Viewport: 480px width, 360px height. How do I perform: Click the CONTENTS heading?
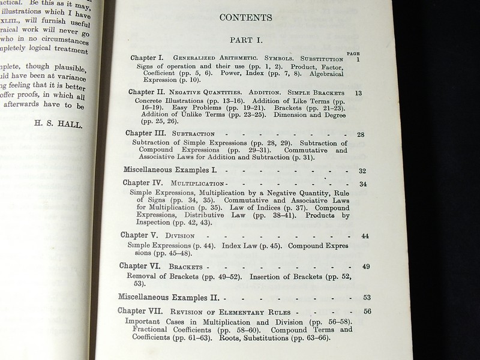(245, 18)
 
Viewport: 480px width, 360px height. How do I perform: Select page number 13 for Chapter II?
(359, 93)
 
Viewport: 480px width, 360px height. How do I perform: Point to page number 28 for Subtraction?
(361, 134)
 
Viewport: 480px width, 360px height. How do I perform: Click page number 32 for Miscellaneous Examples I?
(362, 170)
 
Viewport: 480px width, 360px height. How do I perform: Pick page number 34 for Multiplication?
(363, 184)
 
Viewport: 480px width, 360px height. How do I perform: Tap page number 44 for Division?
(365, 236)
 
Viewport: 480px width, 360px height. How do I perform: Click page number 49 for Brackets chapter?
(366, 266)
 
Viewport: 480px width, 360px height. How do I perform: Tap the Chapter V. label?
(139, 235)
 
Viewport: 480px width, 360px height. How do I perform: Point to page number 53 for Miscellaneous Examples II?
(367, 297)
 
